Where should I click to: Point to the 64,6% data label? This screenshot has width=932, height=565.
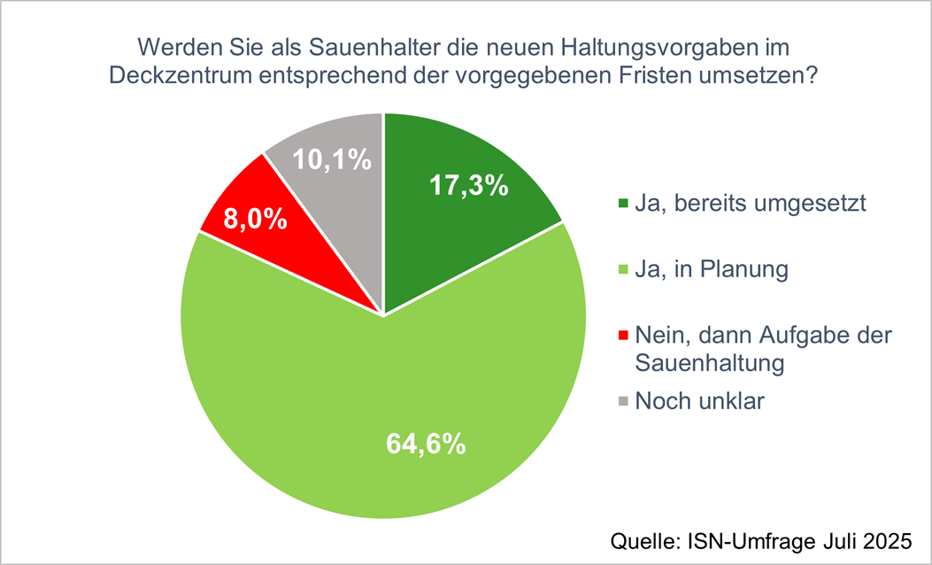click(426, 444)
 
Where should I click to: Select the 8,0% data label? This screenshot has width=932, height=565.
click(255, 219)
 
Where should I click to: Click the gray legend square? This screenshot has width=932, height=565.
click(622, 402)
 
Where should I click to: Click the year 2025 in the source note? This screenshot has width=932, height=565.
click(886, 539)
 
